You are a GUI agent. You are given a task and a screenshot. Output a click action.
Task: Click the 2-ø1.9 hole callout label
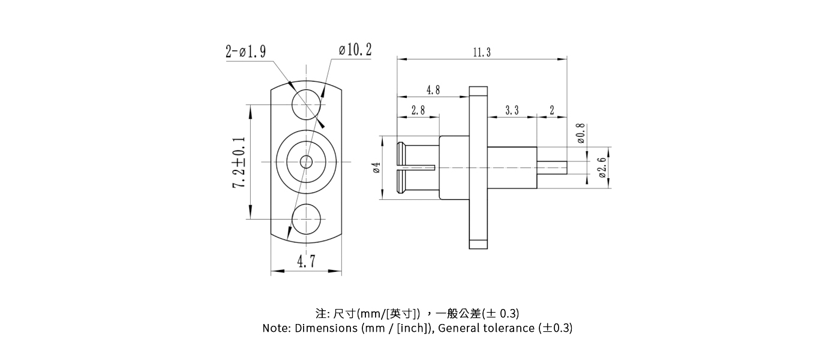click(245, 52)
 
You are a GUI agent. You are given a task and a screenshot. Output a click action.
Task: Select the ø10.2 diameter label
click(355, 50)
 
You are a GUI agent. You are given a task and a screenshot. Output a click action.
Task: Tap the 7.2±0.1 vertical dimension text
click(239, 162)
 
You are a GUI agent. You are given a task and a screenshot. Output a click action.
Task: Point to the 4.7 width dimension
click(306, 262)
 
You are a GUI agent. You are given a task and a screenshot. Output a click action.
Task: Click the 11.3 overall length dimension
click(481, 53)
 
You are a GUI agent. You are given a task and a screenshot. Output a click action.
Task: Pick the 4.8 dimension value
click(433, 91)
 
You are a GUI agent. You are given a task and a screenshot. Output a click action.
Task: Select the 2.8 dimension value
click(418, 110)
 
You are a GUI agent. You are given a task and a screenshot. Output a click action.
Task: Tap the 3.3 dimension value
click(512, 110)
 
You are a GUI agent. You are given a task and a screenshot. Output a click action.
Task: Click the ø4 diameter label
click(377, 167)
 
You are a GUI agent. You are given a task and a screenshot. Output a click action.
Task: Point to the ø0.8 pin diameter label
click(580, 134)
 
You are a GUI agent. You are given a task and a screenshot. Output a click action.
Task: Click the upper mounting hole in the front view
click(306, 104)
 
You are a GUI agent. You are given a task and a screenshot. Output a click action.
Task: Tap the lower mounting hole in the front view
click(306, 219)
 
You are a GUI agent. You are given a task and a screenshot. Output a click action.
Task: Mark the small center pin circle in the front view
click(306, 161)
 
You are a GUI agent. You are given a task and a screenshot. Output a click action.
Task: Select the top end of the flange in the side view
click(478, 92)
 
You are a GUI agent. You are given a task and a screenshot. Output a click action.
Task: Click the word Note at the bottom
click(275, 328)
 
